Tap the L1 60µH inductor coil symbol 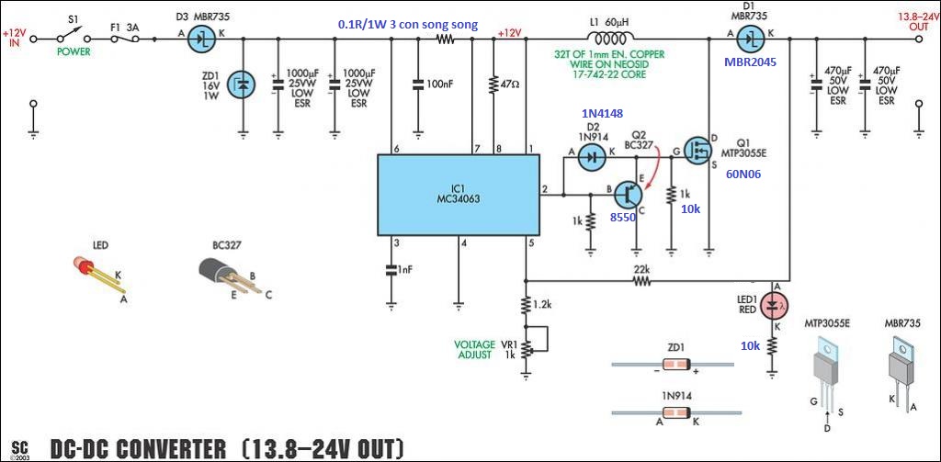(x=607, y=39)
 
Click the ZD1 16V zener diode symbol (x=242, y=85)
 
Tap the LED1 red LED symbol (x=774, y=302)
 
